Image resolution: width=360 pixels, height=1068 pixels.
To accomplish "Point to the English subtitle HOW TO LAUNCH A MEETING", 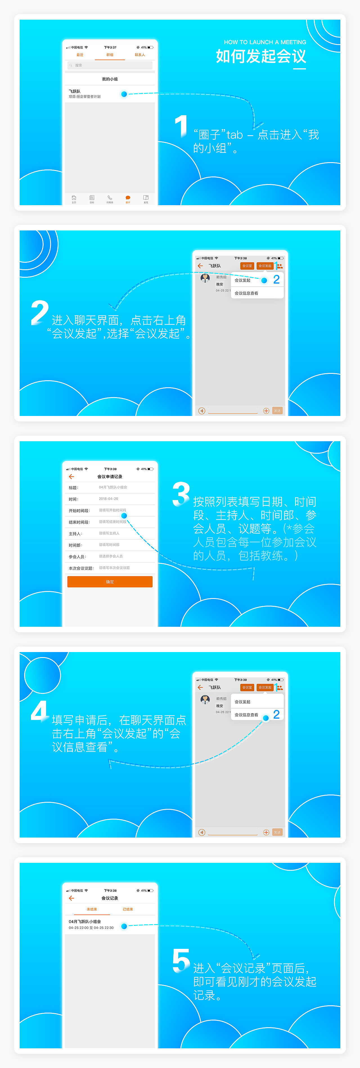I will point(265,42).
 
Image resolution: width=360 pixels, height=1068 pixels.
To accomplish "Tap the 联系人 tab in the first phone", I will point(140,55).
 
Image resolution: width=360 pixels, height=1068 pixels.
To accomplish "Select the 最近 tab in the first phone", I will point(80,55).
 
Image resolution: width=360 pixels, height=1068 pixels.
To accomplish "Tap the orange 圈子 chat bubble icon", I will point(128,198).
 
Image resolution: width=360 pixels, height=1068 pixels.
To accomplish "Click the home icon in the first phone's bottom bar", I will point(74,198).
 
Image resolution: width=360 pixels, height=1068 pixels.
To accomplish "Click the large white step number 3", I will point(181,494).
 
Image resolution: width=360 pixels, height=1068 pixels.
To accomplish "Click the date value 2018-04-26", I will point(108,499).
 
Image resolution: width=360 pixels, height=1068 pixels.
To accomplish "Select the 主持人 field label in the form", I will point(75,534).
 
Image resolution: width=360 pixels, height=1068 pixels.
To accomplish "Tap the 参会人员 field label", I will point(78,556).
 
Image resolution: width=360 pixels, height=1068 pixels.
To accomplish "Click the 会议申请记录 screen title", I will point(110,476).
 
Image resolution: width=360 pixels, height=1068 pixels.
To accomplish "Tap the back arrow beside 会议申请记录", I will point(71,476).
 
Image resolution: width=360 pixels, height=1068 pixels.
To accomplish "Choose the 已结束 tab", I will point(128,909).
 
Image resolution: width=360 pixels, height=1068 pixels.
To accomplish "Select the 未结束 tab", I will point(92,909).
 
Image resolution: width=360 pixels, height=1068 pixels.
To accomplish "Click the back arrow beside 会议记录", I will point(71,898).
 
